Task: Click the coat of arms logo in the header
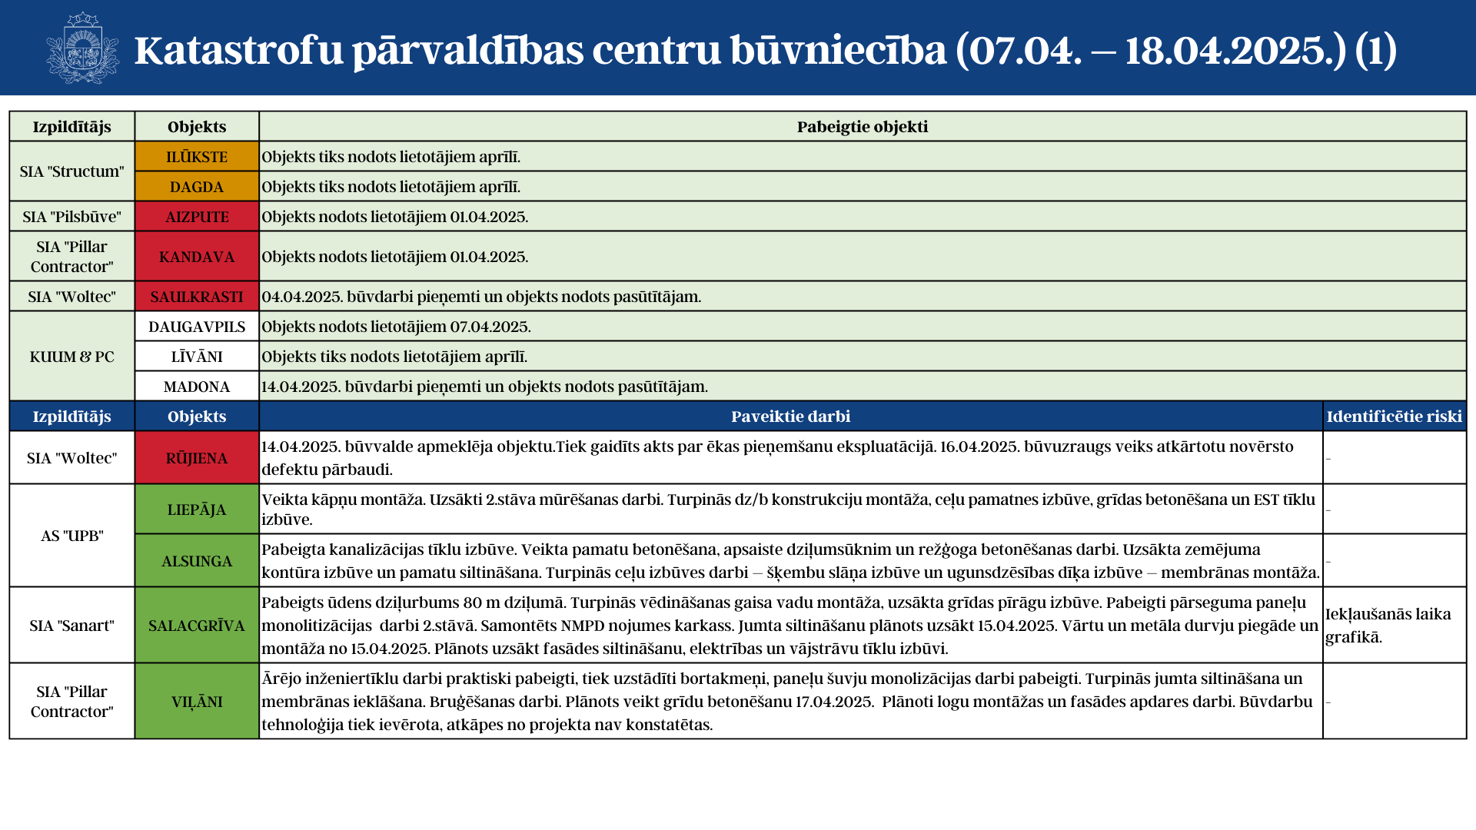click(x=82, y=48)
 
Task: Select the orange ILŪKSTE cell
click(x=197, y=157)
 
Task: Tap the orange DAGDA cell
click(x=197, y=187)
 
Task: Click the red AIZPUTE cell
click(x=197, y=217)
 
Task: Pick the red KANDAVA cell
click(x=197, y=257)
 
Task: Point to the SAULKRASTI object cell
click(x=197, y=297)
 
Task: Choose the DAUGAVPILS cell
click(x=197, y=327)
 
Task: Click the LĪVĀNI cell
click(x=197, y=357)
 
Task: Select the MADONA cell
click(x=197, y=387)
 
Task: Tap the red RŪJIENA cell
click(x=197, y=458)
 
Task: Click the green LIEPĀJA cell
click(x=197, y=510)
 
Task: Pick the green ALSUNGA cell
click(x=197, y=561)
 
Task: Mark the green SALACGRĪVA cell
click(x=197, y=626)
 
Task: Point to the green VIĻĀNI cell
click(x=197, y=702)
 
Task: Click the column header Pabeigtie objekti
click(x=862, y=127)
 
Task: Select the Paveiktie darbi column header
click(x=790, y=417)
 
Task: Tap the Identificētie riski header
click(x=1394, y=417)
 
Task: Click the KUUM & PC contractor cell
click(x=71, y=357)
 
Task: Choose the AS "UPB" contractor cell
click(x=71, y=536)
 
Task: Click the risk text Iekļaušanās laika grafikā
click(x=1388, y=626)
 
